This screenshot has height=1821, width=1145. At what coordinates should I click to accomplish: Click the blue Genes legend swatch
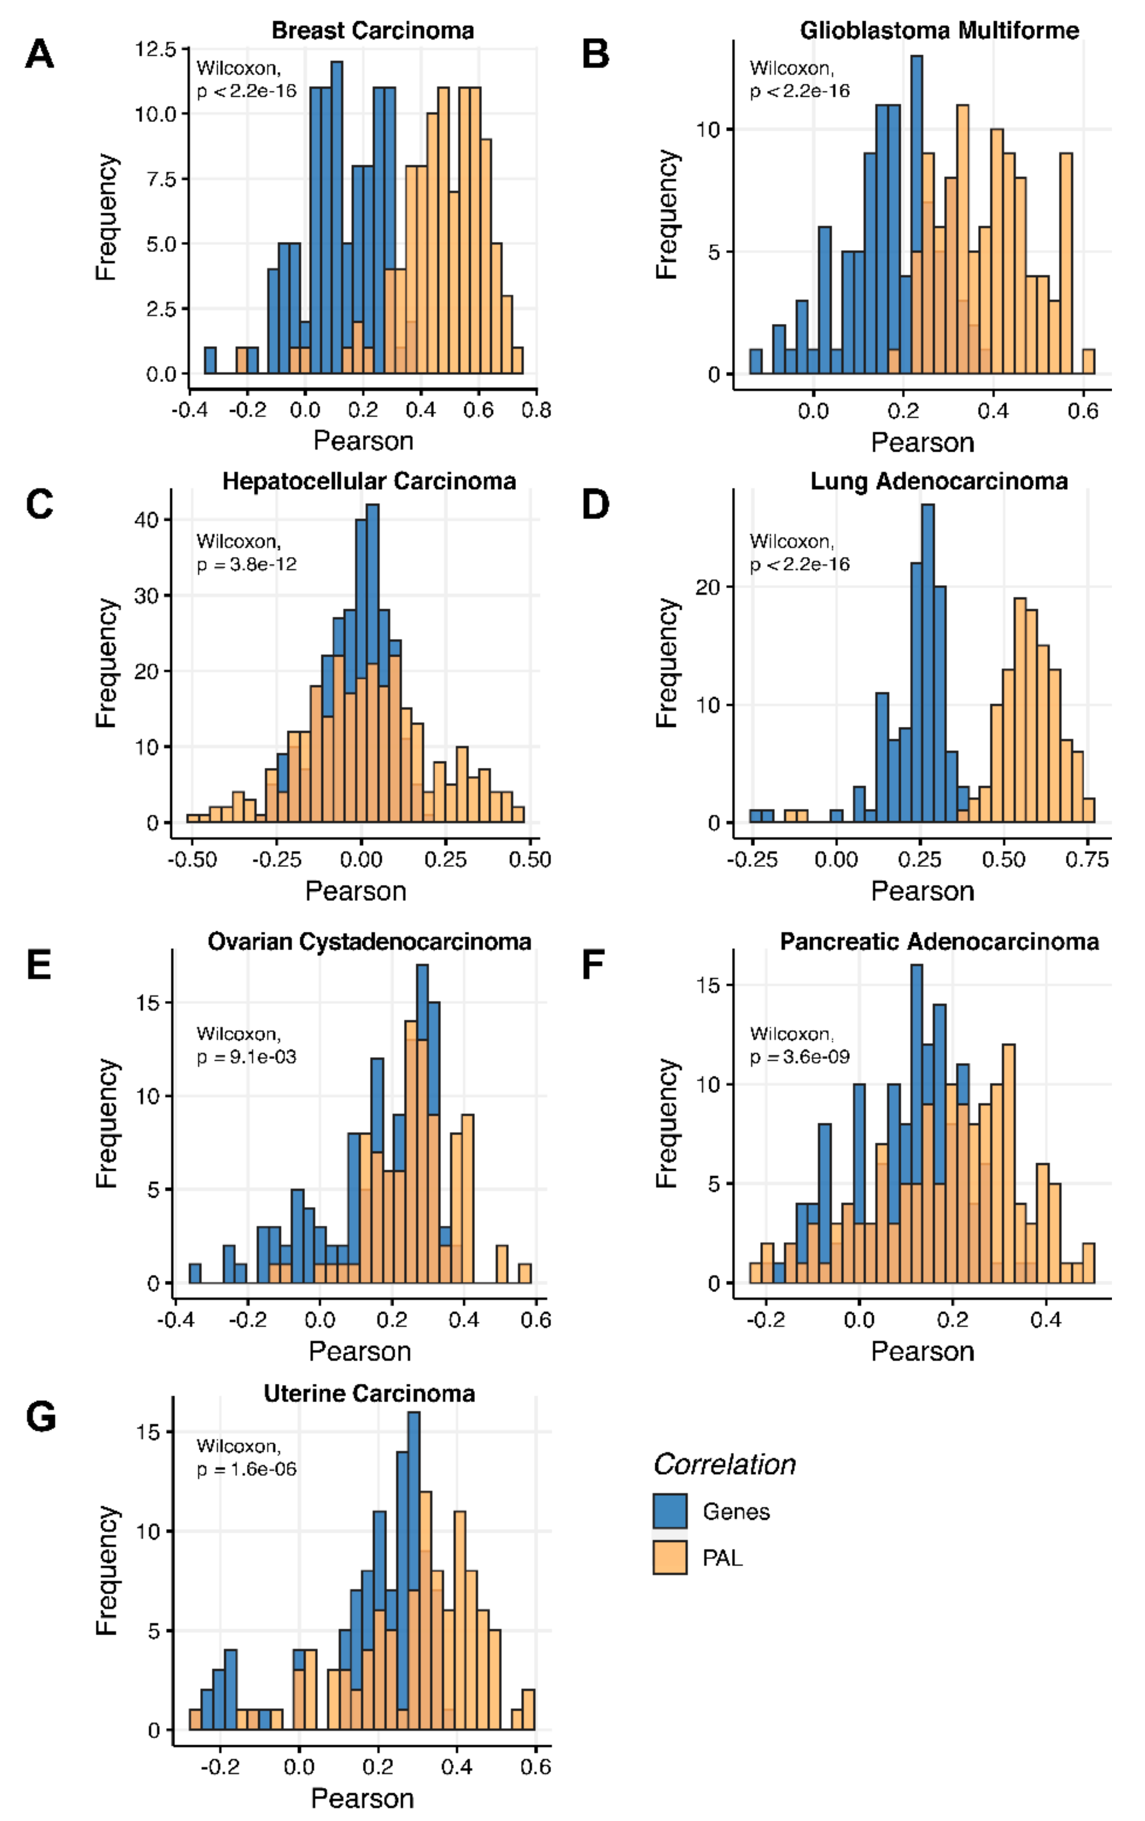669,1511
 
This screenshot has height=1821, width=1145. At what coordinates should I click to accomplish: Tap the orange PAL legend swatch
669,1557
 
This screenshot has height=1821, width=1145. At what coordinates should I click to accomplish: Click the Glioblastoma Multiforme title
939,30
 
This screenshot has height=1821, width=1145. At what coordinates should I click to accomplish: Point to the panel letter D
595,504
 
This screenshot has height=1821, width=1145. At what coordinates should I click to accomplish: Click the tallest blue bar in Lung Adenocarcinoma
928,658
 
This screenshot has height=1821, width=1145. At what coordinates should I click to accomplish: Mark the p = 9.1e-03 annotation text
246,1057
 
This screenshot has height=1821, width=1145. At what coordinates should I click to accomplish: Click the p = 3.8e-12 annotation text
246,564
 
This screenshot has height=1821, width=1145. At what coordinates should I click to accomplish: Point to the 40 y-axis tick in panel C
147,520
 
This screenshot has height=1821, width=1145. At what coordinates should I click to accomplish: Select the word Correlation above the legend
724,1465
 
